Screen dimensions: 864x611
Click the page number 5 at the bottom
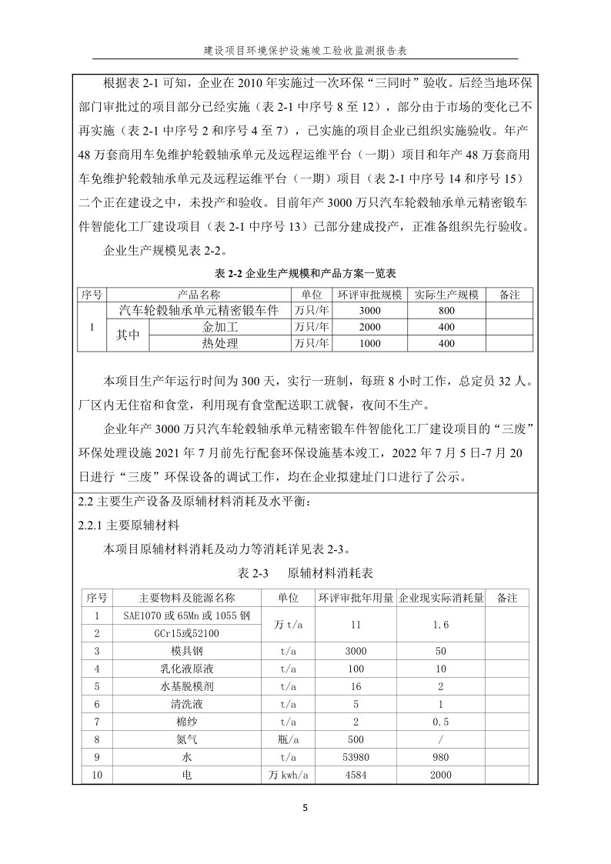coord(305,808)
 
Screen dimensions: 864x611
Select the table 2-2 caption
coord(305,274)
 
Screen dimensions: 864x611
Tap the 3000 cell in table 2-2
coord(369,311)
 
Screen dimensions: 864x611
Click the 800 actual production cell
coord(446,311)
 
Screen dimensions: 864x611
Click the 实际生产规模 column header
coord(446,295)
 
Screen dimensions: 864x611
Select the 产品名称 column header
coord(199,295)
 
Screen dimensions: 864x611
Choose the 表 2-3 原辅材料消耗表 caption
coord(305,574)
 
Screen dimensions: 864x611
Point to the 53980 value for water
coord(356,757)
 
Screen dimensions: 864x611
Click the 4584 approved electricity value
coord(356,775)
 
